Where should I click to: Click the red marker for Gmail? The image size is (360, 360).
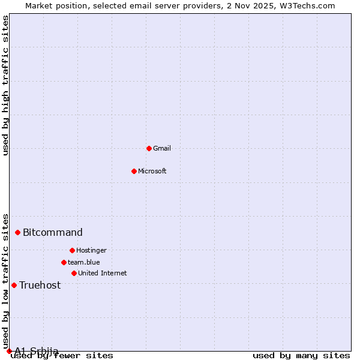(149, 148)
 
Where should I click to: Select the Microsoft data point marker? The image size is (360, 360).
(134, 171)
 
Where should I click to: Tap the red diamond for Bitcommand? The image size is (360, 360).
(18, 232)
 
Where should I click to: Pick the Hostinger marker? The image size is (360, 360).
(72, 250)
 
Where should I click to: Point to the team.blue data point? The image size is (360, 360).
(64, 262)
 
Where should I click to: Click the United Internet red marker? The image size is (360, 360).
(74, 273)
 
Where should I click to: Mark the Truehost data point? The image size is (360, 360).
(14, 285)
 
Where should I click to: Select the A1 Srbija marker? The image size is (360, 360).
(9, 351)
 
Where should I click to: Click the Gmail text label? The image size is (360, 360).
(162, 148)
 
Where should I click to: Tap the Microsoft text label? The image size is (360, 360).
(152, 171)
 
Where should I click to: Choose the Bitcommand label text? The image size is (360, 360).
(53, 232)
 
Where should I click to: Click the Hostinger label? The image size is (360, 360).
(91, 250)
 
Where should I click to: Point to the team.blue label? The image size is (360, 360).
(84, 262)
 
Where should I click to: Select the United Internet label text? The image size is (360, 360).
(103, 273)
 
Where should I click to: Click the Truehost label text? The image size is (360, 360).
(40, 285)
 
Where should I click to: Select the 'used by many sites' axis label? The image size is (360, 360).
(301, 356)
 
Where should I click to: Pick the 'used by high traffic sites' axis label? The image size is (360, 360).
(6, 85)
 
